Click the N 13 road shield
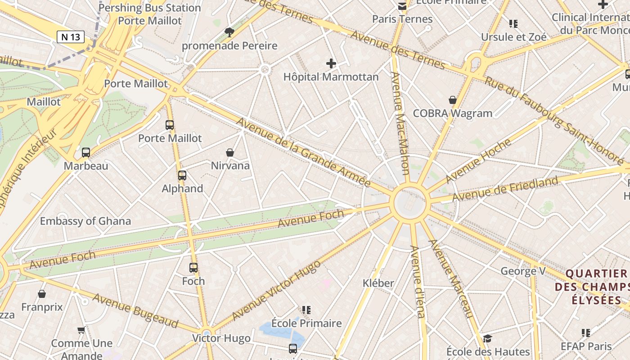coord(71,37)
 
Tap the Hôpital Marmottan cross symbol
coord(331,63)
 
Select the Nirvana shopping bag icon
coord(230,153)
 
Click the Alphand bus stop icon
coord(182,175)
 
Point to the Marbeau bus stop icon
coord(86,153)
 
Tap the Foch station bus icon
coord(193,268)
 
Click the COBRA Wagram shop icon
coord(453,100)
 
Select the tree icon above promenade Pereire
coord(229,32)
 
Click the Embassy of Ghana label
coord(85,221)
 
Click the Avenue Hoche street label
coord(478,161)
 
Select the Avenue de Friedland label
coord(505,189)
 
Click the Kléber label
coord(378,283)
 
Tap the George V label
coord(523,271)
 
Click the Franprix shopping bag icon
coord(42,294)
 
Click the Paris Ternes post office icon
coord(402,6)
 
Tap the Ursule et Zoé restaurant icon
coord(513,23)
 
